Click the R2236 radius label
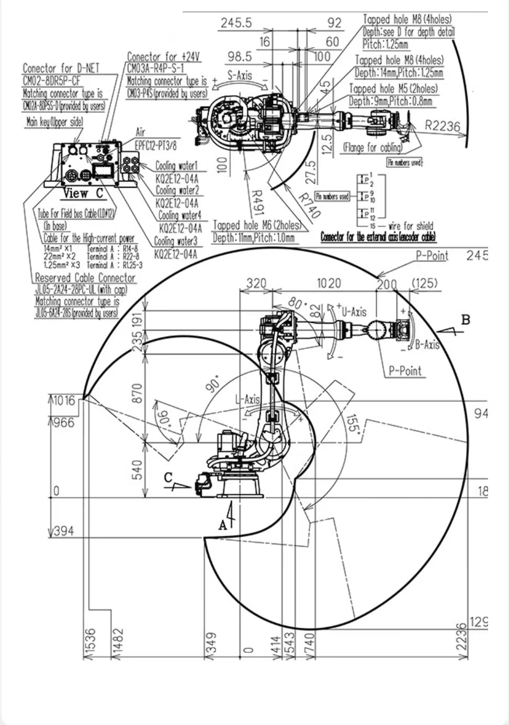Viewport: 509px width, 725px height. pos(442,126)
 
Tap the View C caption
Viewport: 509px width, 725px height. pos(84,194)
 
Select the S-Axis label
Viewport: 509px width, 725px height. pos(240,75)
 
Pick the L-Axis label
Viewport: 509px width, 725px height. pos(248,400)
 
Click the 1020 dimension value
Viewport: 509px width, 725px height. pos(329,283)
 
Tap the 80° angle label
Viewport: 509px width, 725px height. pos(297,304)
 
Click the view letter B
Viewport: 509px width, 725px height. pos(465,320)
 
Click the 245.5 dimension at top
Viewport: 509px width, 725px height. pos(236,22)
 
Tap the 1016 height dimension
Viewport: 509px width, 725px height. pos(64,401)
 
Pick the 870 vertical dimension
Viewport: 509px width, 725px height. pos(137,393)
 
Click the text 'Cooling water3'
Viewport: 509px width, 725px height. pos(176,241)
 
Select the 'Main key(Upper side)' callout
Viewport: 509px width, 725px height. pos(54,122)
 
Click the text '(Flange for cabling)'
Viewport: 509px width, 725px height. pos(372,148)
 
